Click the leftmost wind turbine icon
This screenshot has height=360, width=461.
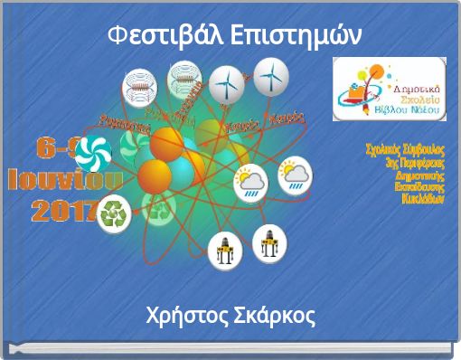tap(227, 82)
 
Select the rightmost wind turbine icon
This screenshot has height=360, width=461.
tap(269, 77)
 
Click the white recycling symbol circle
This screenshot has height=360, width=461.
tap(115, 215)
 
